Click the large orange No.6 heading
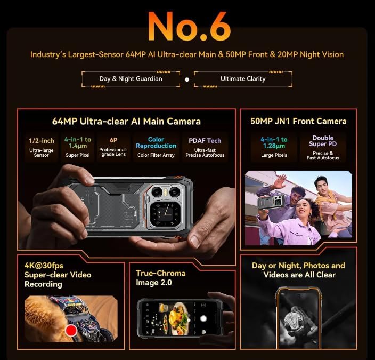(x=189, y=26)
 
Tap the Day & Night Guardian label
(x=131, y=79)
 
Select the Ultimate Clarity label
(x=243, y=79)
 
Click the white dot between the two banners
(x=187, y=79)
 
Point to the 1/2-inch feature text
(x=42, y=141)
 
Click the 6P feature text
(x=113, y=140)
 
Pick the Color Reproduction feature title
(x=156, y=142)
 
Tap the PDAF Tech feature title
(x=205, y=141)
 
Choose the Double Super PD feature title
(x=323, y=141)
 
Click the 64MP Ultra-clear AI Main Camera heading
(x=126, y=122)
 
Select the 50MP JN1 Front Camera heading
(x=298, y=121)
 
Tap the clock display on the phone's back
(x=166, y=213)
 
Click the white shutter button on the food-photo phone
(x=203, y=318)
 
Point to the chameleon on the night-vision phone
(x=298, y=322)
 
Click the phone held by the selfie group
(x=271, y=203)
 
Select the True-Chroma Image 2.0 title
(x=161, y=278)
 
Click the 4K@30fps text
(x=44, y=266)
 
